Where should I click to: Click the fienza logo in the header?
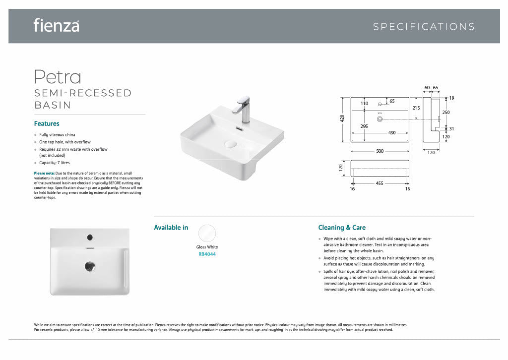pos(57,25)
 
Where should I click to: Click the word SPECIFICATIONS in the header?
pos(424,27)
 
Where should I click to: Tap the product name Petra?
pos(58,77)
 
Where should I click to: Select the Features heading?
pos(47,123)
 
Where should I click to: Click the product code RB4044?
pos(207,254)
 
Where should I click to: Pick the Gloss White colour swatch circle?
pos(207,233)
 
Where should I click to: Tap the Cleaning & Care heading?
pos(342,228)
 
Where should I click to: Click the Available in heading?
pos(171,228)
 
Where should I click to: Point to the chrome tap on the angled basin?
pos(243,109)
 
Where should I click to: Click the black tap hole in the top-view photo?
pos(90,238)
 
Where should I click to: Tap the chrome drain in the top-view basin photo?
pos(90,266)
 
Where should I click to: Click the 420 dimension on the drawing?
pos(342,119)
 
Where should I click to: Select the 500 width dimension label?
pos(380,151)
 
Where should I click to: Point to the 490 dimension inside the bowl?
pos(392,133)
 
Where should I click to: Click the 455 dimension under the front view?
pos(380,183)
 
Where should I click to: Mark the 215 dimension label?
pos(416,108)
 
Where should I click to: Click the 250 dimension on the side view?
pos(446,113)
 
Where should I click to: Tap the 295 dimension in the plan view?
pos(364,126)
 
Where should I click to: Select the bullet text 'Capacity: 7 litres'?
pos(55,163)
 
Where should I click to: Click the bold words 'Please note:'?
pos(44,173)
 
